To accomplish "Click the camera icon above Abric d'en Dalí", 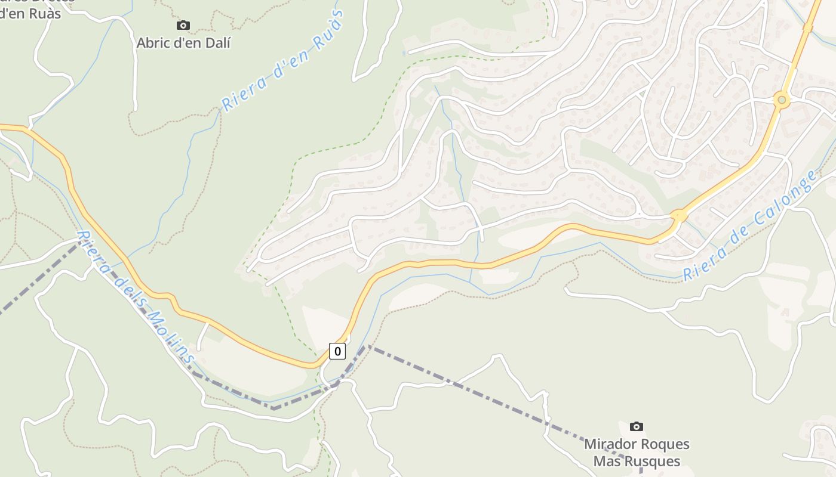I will tap(183, 25).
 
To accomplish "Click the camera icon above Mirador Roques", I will tap(637, 426).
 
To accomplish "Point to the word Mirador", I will tap(609, 444).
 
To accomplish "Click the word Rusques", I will tap(654, 461).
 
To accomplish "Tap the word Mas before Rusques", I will tap(607, 461).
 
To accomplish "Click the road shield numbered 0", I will tap(337, 351).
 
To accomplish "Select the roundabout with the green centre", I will tap(781, 100).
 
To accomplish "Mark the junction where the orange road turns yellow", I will tap(678, 216).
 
